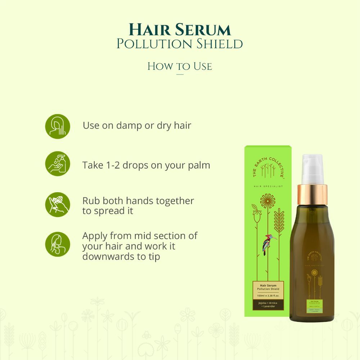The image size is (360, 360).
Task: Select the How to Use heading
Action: [180, 66]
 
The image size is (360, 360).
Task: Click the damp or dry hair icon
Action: [58, 126]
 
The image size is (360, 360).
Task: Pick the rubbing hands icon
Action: [58, 204]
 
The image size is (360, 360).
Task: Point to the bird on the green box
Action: [267, 244]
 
